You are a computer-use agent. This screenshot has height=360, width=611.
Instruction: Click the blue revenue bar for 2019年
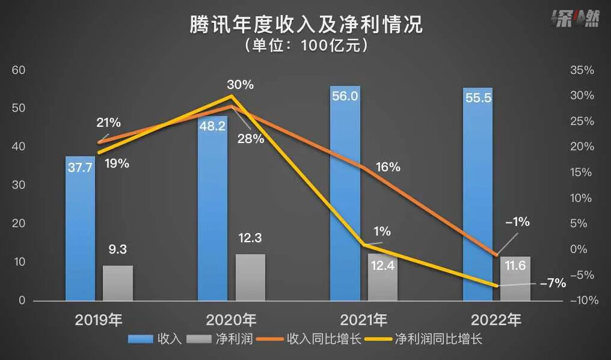pos(80,228)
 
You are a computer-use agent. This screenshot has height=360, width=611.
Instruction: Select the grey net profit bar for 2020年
pos(250,277)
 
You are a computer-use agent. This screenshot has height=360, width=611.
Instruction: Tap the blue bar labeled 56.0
pos(345,192)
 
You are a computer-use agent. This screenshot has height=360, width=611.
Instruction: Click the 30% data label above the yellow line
pos(240,85)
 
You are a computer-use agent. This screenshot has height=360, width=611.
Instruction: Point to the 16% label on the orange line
pos(387,167)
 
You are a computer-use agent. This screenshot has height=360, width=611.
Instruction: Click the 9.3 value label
pos(117,249)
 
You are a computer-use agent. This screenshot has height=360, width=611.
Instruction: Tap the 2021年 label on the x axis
pos(364,319)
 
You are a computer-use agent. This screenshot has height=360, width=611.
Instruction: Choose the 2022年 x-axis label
pos(497,319)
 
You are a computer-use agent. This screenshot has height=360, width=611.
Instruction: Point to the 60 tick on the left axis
pos(19,70)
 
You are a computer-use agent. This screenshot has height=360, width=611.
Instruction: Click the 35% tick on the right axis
pos(581,70)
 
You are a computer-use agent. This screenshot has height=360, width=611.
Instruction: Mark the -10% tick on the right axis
pos(581,301)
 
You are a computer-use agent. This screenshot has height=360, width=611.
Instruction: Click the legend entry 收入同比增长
pos(309,339)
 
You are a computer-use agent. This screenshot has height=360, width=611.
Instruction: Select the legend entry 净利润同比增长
pos(429,339)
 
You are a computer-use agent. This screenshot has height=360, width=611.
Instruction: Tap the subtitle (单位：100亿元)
pos(306,46)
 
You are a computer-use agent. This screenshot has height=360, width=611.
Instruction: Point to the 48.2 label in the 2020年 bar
pos(213,127)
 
